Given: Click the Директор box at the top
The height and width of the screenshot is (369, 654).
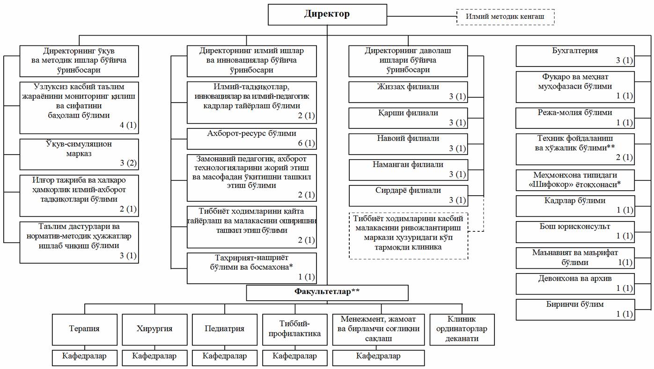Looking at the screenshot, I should pyautogui.click(x=327, y=15).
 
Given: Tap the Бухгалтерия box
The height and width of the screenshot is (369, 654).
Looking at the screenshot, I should pyautogui.click(x=575, y=56).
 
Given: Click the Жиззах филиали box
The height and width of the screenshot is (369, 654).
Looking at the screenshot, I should pyautogui.click(x=408, y=92).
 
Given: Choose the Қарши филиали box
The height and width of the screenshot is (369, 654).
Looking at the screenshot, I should pyautogui.click(x=408, y=118).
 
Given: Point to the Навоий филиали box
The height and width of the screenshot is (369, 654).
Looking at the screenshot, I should pyautogui.click(x=408, y=144).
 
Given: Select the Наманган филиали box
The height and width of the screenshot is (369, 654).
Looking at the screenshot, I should pyautogui.click(x=408, y=170).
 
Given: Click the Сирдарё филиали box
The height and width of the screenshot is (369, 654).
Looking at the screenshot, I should pyautogui.click(x=408, y=195).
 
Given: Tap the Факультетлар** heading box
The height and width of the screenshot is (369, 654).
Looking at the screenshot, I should pyautogui.click(x=327, y=292).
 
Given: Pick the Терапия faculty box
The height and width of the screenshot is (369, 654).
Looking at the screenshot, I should pyautogui.click(x=85, y=329).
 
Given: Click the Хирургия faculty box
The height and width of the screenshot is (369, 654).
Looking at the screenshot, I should pyautogui.click(x=154, y=329).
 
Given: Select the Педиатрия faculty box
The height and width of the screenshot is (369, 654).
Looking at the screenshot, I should pyautogui.click(x=224, y=329).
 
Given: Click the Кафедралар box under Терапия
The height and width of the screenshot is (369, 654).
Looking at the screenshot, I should pyautogui.click(x=85, y=356).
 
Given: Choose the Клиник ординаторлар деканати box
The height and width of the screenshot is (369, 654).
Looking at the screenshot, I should pyautogui.click(x=463, y=329).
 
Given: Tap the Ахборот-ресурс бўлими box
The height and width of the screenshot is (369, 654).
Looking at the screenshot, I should pyautogui.click(x=251, y=139).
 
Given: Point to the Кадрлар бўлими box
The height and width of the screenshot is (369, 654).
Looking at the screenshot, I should pyautogui.click(x=575, y=205).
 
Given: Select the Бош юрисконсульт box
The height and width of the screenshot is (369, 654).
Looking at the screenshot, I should pyautogui.click(x=575, y=231).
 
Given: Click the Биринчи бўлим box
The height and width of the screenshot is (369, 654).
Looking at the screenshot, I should pyautogui.click(x=575, y=309).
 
